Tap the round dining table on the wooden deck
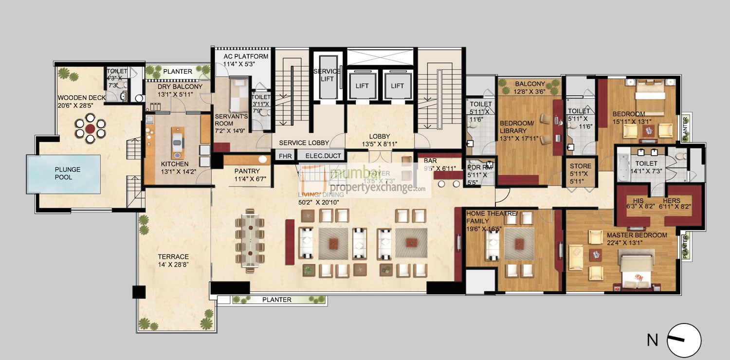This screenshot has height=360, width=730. (91, 129)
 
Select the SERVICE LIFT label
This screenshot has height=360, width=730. (327, 75)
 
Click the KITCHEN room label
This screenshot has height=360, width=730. (175, 164)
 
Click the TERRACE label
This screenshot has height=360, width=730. (173, 257)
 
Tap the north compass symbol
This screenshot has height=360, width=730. (684, 340)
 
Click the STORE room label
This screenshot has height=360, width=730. (580, 166)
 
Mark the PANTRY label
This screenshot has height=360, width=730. (247, 171)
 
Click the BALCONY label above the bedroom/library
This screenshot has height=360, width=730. (530, 84)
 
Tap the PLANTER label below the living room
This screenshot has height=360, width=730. (276, 300)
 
